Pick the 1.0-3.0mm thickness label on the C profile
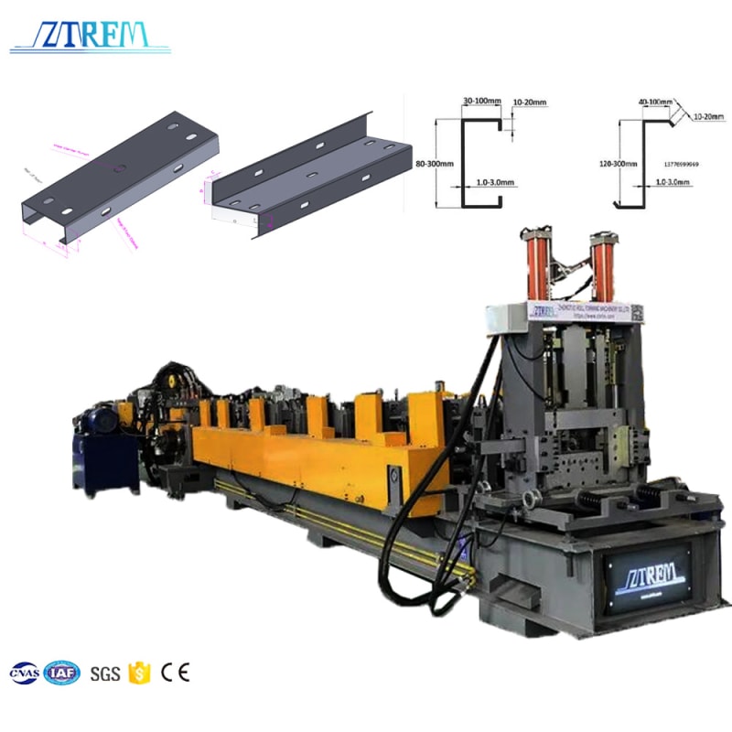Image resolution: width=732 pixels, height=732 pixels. tap(495, 183)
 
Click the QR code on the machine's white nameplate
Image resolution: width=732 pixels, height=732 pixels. tap(637, 313)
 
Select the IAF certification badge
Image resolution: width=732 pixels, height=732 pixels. tap(62, 673)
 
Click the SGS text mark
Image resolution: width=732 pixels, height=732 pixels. tap(105, 674)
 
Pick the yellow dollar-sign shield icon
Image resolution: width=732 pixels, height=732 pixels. tap(139, 673)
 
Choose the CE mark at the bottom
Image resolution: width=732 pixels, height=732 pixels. tap(175, 673)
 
